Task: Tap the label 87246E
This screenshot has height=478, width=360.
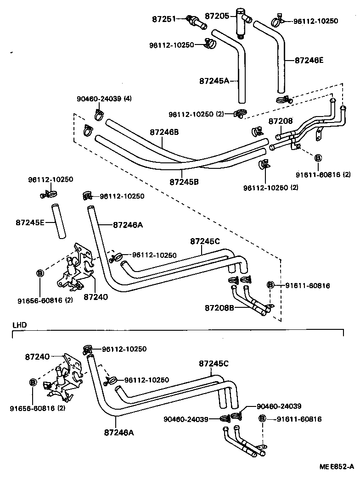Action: (310, 60)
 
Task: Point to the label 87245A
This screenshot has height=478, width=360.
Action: (214, 81)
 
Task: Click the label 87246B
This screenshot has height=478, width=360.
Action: (164, 132)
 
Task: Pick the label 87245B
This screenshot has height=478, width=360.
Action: (184, 182)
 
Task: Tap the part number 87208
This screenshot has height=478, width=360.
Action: (281, 121)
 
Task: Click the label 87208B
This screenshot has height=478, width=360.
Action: (219, 307)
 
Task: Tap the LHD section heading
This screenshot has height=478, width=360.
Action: (19, 325)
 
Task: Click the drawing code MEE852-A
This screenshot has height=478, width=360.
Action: (337, 467)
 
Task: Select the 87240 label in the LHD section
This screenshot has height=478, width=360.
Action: (38, 356)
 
